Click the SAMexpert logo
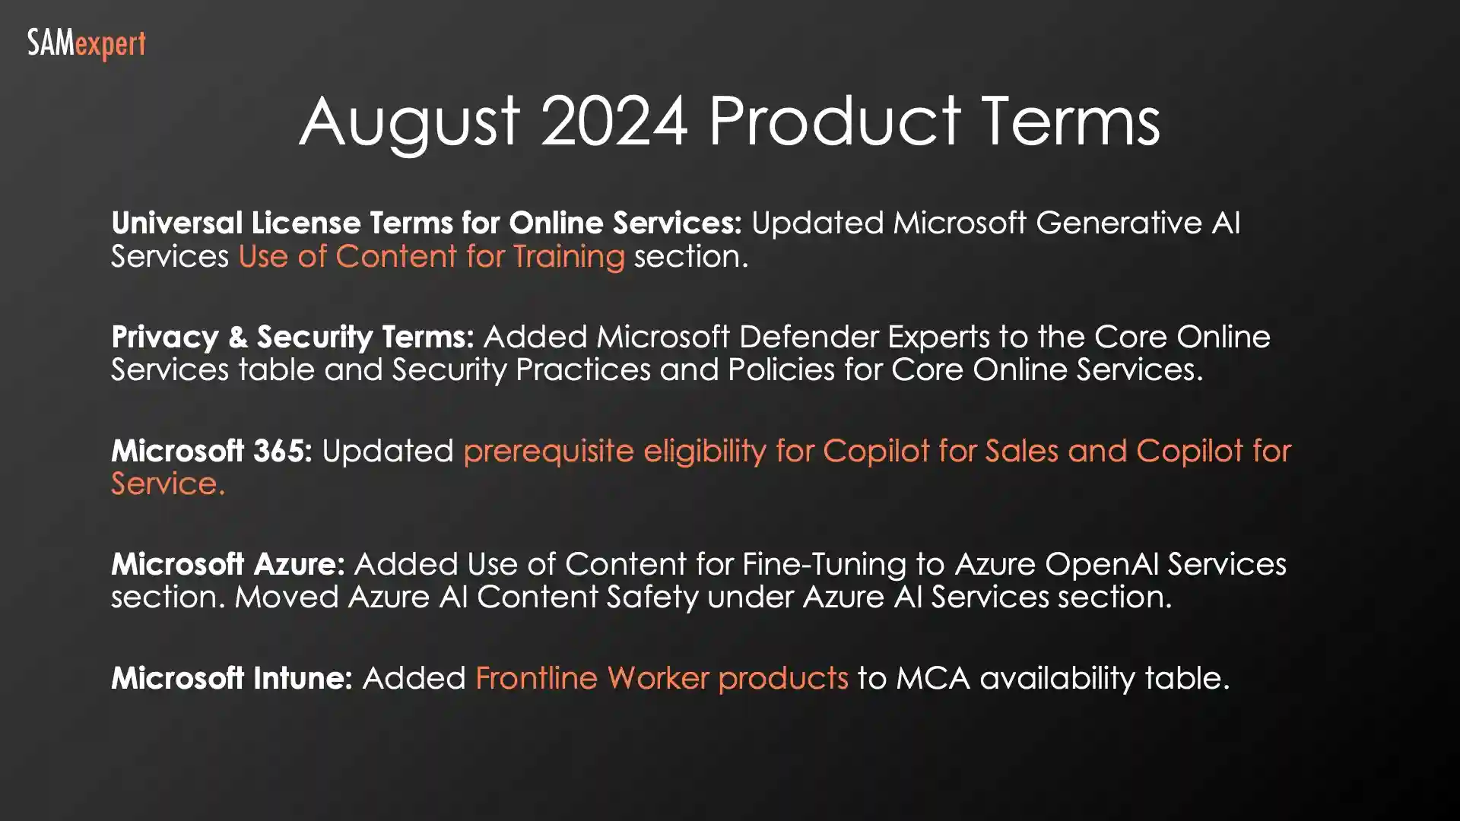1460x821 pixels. tap(86, 44)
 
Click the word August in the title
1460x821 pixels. tap(410, 122)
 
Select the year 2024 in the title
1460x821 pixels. tap(614, 122)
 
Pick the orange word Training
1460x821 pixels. tap(569, 257)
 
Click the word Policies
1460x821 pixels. tap(805, 370)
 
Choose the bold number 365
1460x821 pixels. tap(283, 451)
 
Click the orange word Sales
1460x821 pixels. tap(1021, 451)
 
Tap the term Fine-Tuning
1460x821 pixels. tap(824, 565)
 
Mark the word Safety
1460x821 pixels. tap(652, 598)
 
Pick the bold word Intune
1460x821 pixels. tap(303, 678)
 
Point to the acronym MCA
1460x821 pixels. tap(932, 678)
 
